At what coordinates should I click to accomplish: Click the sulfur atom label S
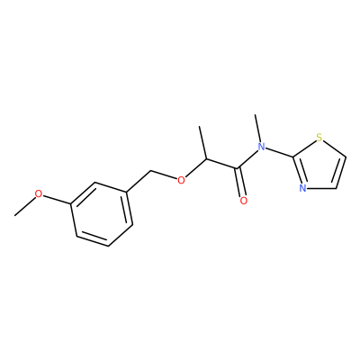[319, 139]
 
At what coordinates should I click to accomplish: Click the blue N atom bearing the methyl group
[262, 147]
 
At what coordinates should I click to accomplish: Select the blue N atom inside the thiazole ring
[302, 188]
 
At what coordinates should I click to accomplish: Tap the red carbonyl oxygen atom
[244, 201]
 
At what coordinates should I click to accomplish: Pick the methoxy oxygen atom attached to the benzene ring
[39, 193]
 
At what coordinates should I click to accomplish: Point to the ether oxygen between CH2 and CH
[181, 180]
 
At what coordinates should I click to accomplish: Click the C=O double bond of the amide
[241, 183]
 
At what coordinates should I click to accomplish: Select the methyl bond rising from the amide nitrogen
[258, 128]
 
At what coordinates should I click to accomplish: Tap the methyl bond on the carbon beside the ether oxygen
[202, 143]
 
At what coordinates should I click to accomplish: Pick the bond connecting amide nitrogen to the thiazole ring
[279, 152]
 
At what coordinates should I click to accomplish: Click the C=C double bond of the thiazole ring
[341, 173]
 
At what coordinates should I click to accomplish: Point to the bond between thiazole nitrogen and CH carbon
[321, 188]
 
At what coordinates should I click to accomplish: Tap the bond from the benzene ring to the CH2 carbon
[139, 181]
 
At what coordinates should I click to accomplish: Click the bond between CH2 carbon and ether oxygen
[164, 175]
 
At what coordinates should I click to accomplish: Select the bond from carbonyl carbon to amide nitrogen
[247, 158]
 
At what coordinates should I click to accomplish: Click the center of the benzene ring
[102, 214]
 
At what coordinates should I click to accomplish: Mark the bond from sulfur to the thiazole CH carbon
[335, 148]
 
